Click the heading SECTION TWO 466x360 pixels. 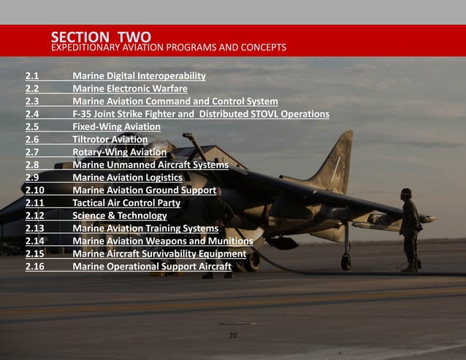101,37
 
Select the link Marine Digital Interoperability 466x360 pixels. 139,76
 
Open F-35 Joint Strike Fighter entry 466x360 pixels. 201,114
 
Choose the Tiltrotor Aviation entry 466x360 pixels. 110,139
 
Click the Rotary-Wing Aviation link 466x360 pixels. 119,152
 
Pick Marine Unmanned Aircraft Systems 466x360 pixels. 150,165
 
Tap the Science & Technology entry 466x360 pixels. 120,215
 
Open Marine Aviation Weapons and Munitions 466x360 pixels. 163,241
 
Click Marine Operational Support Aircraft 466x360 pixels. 152,266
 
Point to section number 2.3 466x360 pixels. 32,102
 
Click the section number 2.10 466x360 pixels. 35,190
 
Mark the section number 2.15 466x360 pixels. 35,253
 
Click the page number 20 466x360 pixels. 233,336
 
